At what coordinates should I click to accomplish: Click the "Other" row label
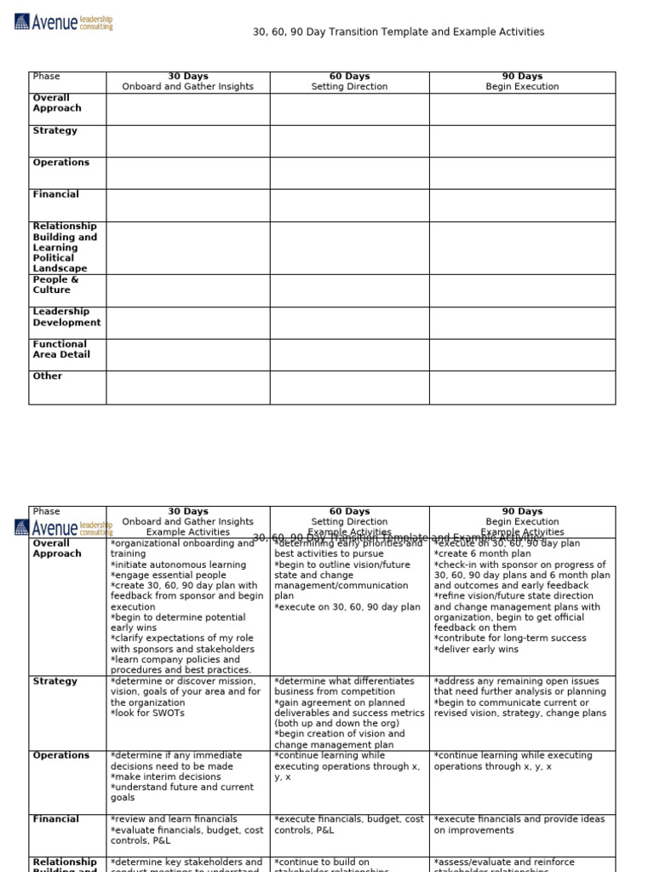(x=48, y=376)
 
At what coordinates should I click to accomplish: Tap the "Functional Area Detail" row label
(x=60, y=350)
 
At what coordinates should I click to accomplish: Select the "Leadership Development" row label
(x=66, y=318)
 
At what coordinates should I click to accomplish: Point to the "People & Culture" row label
(x=55, y=285)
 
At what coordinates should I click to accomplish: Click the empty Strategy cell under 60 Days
(x=349, y=141)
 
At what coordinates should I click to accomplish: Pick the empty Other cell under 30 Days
(x=187, y=387)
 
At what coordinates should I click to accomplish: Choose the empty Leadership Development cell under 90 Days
(x=522, y=323)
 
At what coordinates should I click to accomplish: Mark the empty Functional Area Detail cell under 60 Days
(x=349, y=354)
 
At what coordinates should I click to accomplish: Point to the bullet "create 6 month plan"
(x=484, y=554)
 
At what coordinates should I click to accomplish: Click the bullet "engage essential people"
(x=169, y=576)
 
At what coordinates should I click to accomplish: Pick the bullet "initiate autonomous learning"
(x=178, y=565)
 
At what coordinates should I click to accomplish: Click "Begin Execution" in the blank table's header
(x=522, y=87)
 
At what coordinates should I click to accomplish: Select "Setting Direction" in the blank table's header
(x=349, y=87)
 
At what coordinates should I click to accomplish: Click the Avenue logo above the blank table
(x=64, y=22)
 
